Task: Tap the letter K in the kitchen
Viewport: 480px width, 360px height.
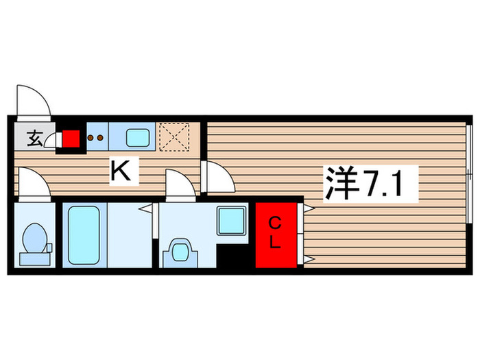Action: [121, 171]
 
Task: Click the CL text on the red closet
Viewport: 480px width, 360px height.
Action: [274, 233]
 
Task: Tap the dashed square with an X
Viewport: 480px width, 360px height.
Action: [174, 136]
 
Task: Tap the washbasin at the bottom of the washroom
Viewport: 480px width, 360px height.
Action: [179, 251]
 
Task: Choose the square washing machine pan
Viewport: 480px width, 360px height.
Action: [231, 221]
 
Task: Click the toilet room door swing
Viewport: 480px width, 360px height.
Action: [33, 184]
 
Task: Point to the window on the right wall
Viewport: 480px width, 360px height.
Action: [469, 174]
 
